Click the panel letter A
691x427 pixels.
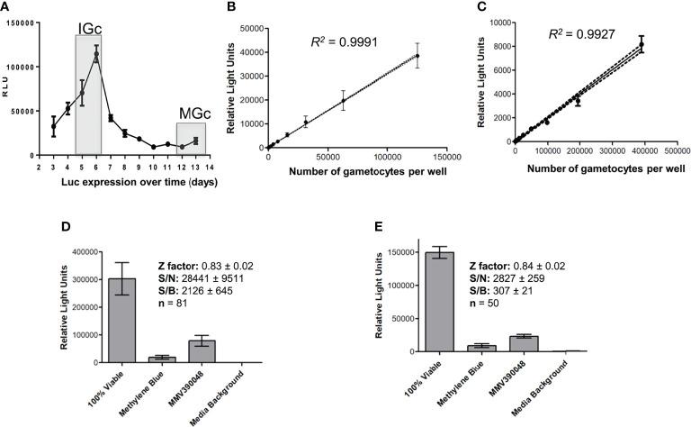(x=6, y=8)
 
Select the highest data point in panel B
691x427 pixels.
(x=417, y=56)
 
